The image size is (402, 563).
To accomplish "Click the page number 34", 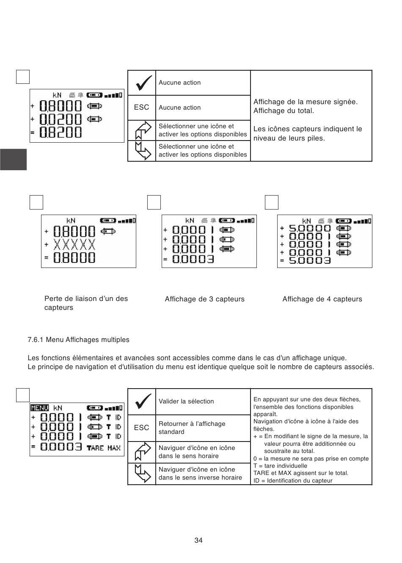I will [198, 540].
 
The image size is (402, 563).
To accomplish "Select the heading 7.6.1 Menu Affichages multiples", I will [79, 339].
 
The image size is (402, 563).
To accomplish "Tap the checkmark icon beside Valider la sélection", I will [142, 401].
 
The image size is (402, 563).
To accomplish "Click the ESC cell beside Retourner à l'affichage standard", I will [142, 428].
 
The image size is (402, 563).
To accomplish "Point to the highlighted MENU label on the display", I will [40, 408].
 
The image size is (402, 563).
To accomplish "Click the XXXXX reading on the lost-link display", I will [74, 245].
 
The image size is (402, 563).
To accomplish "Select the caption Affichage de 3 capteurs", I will [204, 299].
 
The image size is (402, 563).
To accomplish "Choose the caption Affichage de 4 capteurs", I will [322, 299].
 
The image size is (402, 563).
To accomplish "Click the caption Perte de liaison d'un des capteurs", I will [86, 303].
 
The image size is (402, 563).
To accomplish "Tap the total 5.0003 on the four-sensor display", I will [310, 260].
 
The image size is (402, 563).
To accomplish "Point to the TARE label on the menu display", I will [95, 447].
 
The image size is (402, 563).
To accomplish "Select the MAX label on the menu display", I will [114, 447].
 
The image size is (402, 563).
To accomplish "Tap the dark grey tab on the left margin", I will [13, 159].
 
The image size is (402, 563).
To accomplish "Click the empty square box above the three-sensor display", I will [154, 202].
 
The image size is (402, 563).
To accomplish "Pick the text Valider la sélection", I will [186, 401].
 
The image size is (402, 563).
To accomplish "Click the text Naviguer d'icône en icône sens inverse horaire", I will [200, 473].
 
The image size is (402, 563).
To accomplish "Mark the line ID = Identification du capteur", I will [293, 480].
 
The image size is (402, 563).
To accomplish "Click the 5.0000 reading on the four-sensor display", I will [310, 228].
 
